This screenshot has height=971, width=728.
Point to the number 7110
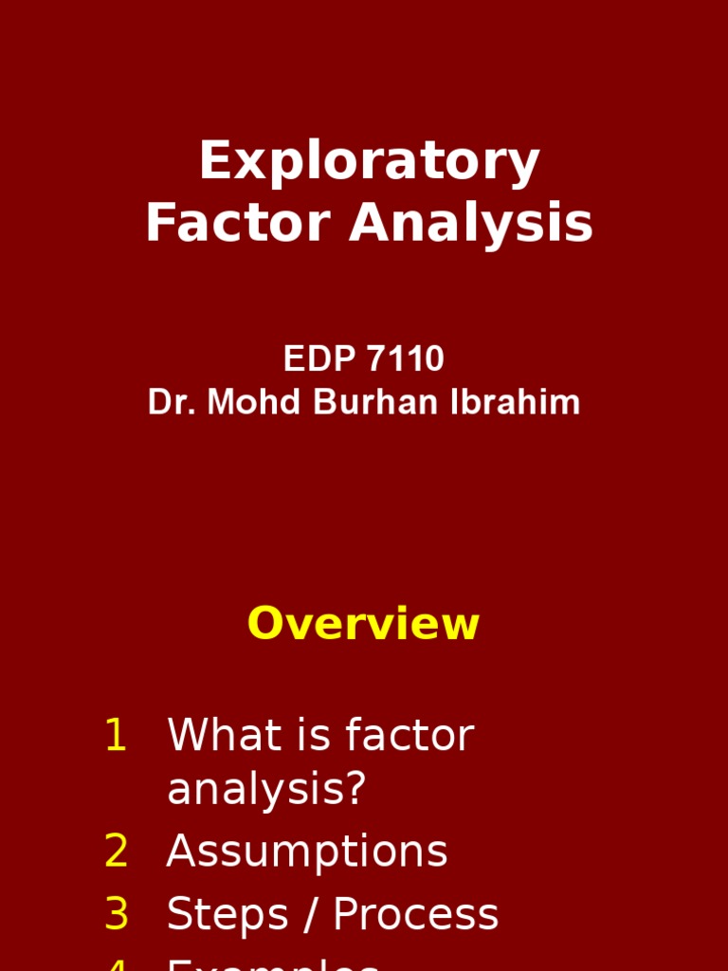point(407,359)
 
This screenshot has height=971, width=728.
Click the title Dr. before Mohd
point(172,403)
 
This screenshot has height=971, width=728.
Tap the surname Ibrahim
point(513,403)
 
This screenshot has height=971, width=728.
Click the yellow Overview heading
point(363,625)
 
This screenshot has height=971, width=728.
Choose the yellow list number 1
point(116,737)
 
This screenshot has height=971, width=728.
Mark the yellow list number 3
point(116,915)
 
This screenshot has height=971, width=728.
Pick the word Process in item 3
point(415,915)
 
